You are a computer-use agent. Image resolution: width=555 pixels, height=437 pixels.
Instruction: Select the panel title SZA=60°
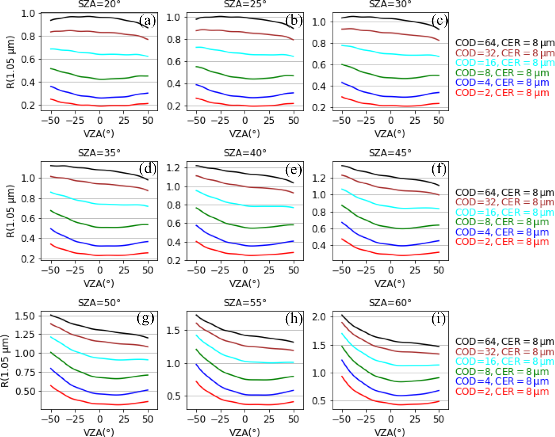point(390,303)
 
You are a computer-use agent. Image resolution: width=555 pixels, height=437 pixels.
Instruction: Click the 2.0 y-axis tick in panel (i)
point(319,317)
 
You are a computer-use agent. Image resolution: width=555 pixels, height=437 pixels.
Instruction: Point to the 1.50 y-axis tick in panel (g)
point(25,316)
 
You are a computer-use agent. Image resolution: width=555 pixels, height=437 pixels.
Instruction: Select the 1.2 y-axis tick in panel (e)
point(173,168)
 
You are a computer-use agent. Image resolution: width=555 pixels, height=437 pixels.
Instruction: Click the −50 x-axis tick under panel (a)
point(51,121)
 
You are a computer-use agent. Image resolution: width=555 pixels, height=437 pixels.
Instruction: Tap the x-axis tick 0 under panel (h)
point(245,419)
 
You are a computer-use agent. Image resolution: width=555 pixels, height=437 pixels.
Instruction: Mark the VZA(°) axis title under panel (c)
point(390,133)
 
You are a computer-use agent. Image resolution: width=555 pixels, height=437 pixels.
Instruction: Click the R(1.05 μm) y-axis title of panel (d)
point(11,211)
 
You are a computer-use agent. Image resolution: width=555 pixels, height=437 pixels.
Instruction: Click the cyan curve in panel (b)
point(245,53)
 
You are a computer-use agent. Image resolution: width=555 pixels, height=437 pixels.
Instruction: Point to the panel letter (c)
point(440,20)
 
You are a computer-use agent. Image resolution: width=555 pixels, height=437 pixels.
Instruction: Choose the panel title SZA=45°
point(390,153)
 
